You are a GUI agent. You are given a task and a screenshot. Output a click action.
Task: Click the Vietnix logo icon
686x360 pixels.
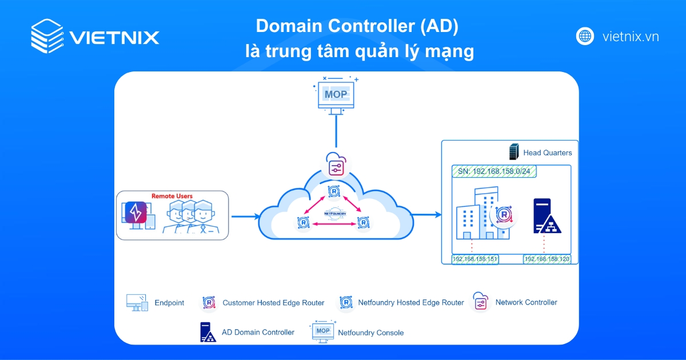(47, 37)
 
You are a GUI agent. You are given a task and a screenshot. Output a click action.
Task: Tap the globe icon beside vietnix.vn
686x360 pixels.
(585, 37)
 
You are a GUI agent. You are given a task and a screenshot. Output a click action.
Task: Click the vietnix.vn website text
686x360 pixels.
(631, 37)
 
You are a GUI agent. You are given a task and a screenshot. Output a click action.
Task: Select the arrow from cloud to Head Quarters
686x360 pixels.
(426, 215)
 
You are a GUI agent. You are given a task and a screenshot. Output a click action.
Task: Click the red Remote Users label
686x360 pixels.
(171, 196)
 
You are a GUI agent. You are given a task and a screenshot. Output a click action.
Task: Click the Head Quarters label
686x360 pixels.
(547, 153)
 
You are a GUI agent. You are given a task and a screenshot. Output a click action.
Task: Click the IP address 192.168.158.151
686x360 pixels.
(475, 259)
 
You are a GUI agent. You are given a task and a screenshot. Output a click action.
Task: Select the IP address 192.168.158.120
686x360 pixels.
(547, 259)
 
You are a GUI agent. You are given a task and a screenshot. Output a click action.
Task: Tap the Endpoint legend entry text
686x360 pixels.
(169, 303)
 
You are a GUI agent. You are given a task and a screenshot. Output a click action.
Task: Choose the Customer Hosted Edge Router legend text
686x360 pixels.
(273, 303)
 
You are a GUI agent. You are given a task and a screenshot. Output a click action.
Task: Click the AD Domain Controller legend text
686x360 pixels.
(258, 332)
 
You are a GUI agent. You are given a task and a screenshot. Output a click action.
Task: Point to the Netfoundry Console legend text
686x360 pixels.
(370, 333)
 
